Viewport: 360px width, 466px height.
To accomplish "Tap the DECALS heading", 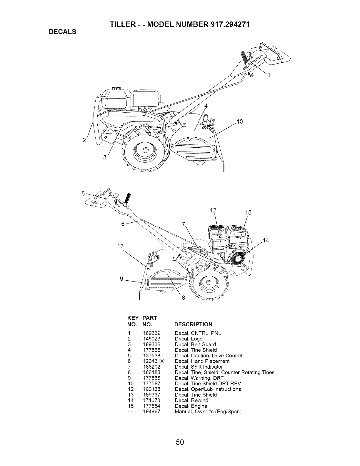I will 62,32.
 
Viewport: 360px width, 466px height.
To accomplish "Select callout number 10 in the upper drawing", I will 240,122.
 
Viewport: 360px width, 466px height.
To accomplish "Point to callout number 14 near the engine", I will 266,241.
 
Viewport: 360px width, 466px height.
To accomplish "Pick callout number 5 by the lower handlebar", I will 83,194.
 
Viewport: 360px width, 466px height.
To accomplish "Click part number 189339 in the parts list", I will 152,333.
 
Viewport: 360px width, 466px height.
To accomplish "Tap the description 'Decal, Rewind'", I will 191,400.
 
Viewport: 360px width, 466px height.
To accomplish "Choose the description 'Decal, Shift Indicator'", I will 199,367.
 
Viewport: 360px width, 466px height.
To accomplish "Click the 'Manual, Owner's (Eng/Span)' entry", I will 208,412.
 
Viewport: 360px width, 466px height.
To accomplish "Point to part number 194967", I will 152,412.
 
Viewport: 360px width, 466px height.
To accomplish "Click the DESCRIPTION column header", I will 193,324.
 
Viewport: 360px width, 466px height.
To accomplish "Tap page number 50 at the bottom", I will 180,442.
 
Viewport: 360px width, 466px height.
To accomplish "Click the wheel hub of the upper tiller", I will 145,150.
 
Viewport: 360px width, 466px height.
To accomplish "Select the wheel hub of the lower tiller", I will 209,283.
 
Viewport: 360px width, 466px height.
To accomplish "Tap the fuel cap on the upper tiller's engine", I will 116,89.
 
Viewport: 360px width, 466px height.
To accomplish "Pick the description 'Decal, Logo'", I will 189,339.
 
